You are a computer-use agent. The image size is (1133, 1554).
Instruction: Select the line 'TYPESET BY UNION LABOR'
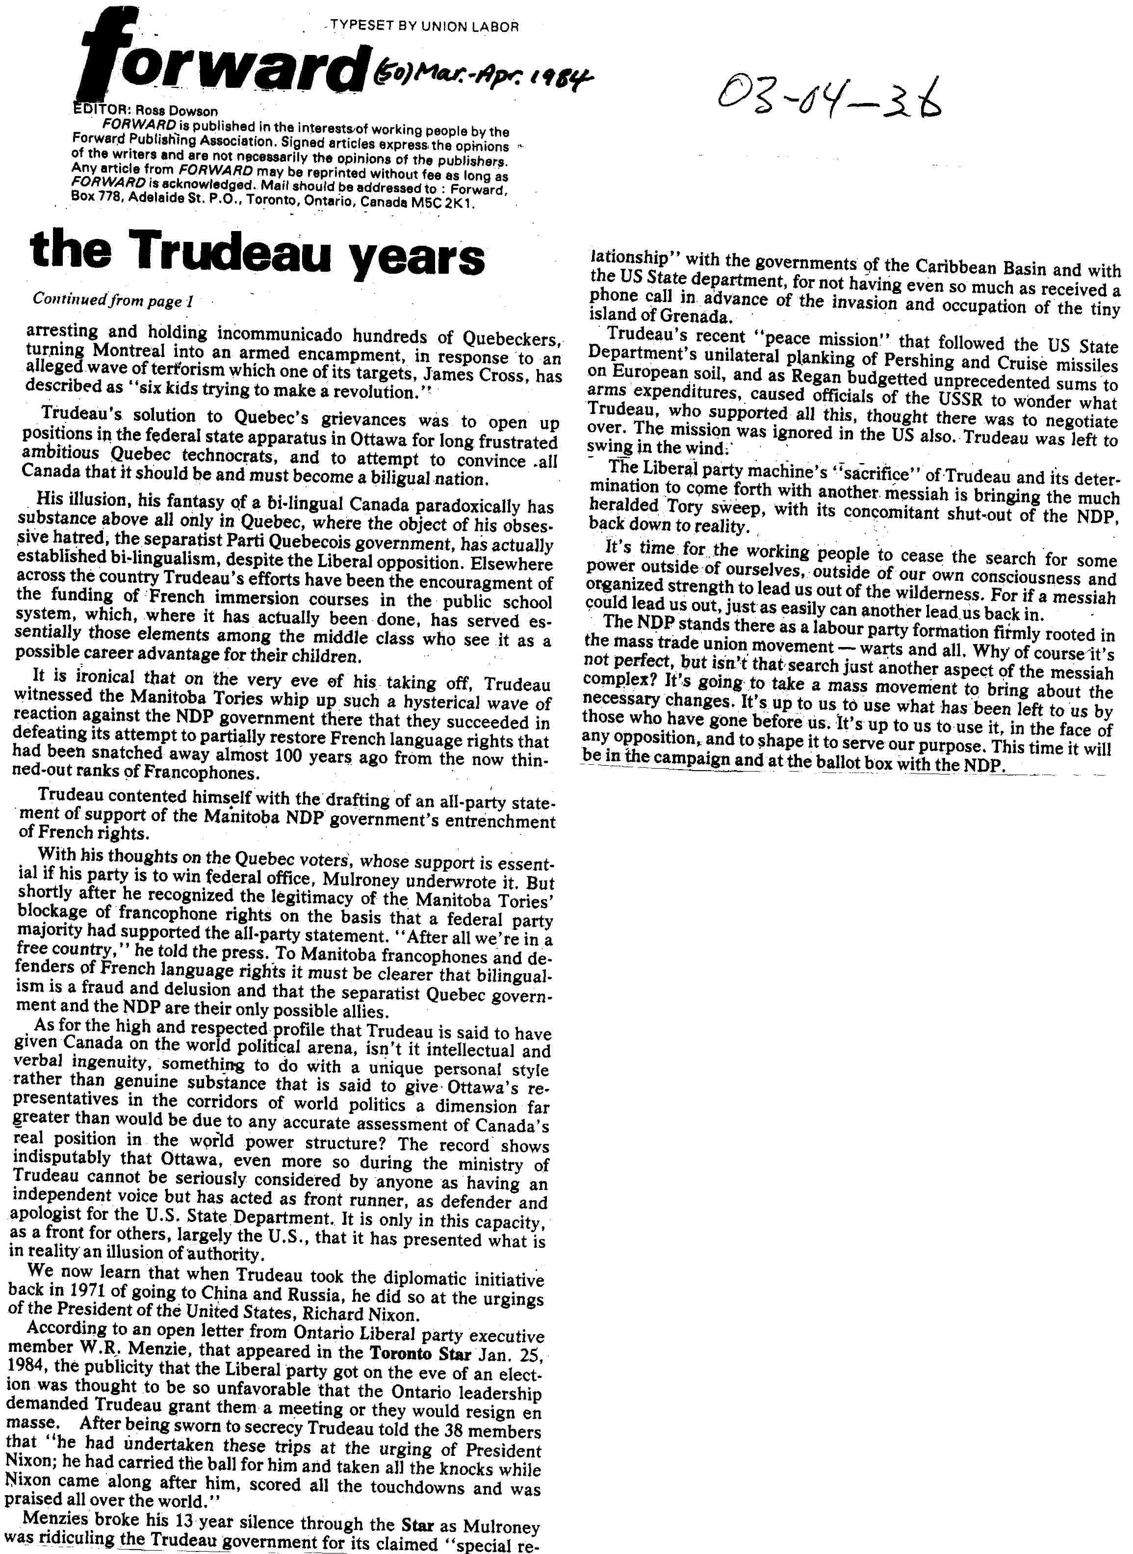click(424, 27)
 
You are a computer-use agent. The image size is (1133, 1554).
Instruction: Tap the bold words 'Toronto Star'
click(420, 1353)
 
